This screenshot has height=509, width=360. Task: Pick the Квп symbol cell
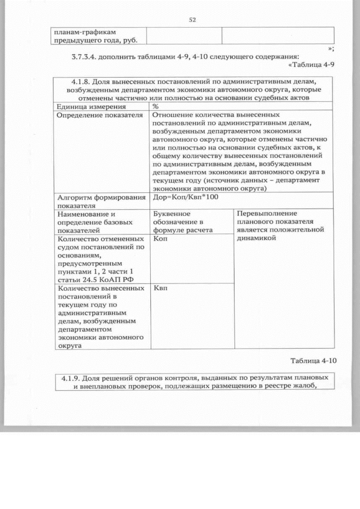point(160,288)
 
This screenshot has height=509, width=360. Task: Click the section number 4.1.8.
point(78,82)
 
